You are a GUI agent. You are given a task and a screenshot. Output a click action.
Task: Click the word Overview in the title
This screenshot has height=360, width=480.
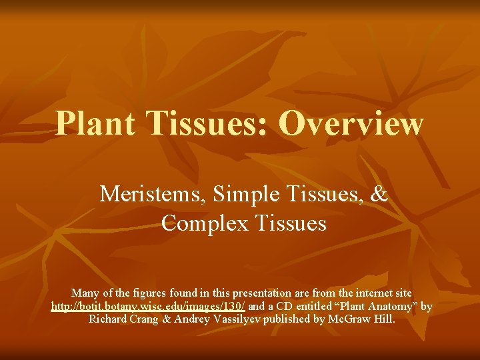pyautogui.click(x=352, y=123)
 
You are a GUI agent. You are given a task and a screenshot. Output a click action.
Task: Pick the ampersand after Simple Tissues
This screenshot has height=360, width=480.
pyautogui.click(x=378, y=194)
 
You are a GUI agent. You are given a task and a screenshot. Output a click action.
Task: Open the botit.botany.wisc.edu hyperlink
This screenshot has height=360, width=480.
pyautogui.click(x=148, y=306)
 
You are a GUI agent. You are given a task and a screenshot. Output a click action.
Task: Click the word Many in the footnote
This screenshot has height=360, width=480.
pyautogui.click(x=84, y=293)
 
